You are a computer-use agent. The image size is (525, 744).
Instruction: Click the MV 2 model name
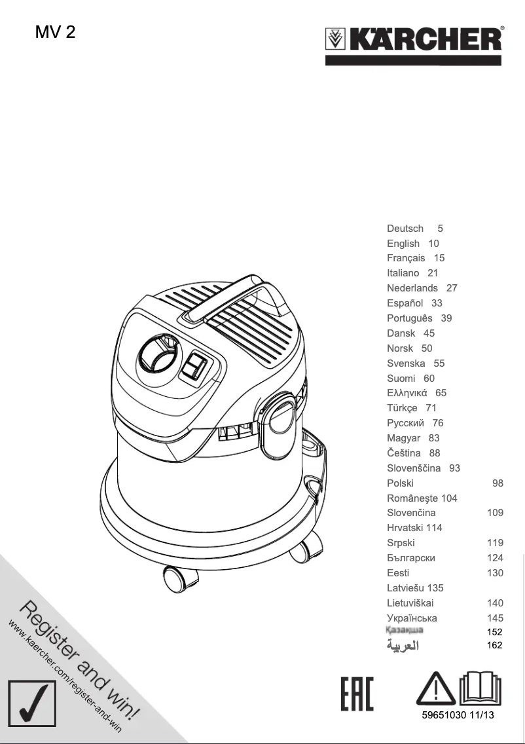56,31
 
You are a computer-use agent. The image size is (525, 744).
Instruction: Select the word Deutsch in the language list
405,229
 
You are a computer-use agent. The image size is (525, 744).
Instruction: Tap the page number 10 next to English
433,244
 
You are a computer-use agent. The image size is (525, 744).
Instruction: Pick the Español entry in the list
405,303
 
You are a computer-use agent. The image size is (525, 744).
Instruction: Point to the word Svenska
406,363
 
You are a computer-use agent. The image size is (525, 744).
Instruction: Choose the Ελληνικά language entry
407,394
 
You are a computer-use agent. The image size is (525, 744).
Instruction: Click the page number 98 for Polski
498,483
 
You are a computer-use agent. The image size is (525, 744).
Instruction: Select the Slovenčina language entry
411,513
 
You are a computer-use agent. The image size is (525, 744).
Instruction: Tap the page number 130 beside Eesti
495,573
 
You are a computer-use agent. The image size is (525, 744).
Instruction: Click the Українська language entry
412,618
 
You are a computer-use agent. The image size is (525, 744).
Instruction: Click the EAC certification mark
357,695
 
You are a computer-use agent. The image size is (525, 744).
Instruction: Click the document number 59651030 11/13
458,715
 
